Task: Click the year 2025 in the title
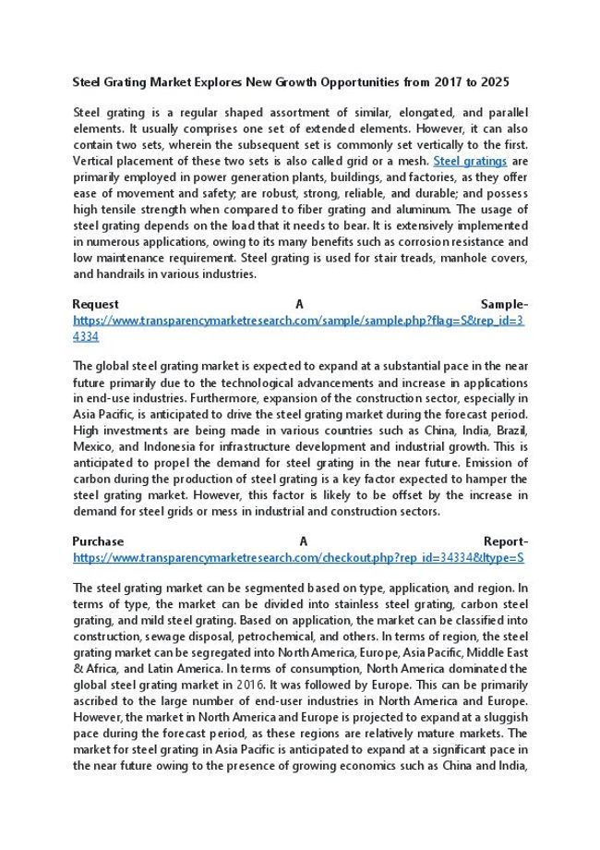509,82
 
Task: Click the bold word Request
95,304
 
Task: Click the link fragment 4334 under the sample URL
86,336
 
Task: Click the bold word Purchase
98,541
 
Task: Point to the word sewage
163,637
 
